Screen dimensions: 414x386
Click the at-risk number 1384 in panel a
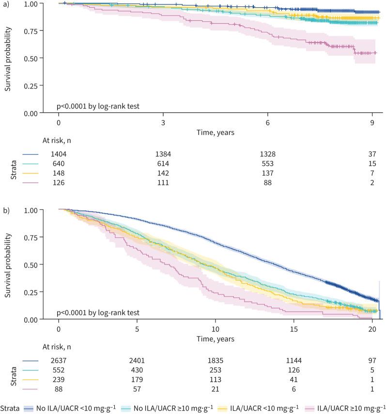pyautogui.click(x=163, y=154)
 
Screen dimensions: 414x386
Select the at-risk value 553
pyautogui.click(x=268, y=163)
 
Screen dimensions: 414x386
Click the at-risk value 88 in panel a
pyautogui.click(x=268, y=183)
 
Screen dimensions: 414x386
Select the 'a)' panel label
pyautogui.click(x=4, y=4)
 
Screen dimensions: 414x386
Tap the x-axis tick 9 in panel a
pyautogui.click(x=372, y=122)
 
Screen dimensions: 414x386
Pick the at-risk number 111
pyautogui.click(x=163, y=183)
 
